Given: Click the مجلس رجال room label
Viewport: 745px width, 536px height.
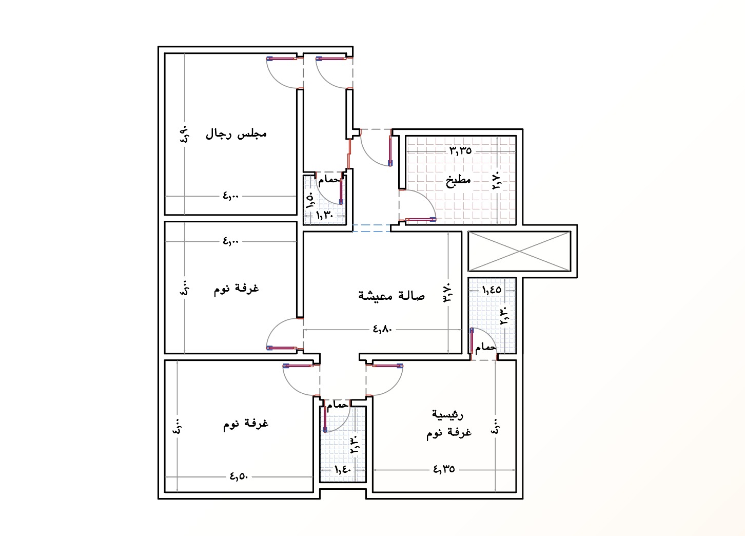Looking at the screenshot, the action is click(236, 134).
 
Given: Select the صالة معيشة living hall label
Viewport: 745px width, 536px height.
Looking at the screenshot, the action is click(391, 295).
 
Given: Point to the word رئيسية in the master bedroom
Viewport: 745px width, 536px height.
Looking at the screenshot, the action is click(447, 414).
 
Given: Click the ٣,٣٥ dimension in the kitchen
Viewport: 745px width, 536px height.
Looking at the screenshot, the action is click(461, 151).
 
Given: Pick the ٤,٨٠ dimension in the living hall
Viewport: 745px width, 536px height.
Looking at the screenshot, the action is click(383, 329).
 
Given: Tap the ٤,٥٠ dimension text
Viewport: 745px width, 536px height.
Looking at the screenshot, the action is click(239, 476).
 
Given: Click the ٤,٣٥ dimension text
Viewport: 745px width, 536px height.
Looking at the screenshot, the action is click(444, 469).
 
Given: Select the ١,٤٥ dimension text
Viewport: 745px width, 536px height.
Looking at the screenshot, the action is click(492, 290).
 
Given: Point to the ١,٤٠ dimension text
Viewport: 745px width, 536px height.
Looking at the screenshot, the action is click(343, 469).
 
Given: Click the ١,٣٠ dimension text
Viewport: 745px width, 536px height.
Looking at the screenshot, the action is click(324, 216).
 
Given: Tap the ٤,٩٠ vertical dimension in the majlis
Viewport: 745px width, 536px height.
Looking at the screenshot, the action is click(184, 135).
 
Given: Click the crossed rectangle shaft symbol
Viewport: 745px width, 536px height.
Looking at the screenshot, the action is click(520, 252).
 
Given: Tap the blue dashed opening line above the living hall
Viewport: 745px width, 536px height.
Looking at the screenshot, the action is click(371, 228).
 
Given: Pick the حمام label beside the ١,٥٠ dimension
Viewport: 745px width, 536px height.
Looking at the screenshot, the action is click(329, 180).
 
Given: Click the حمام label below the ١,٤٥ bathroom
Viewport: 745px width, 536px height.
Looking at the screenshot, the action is click(485, 348).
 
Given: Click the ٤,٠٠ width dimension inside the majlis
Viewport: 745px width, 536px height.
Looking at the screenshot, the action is click(231, 196).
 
